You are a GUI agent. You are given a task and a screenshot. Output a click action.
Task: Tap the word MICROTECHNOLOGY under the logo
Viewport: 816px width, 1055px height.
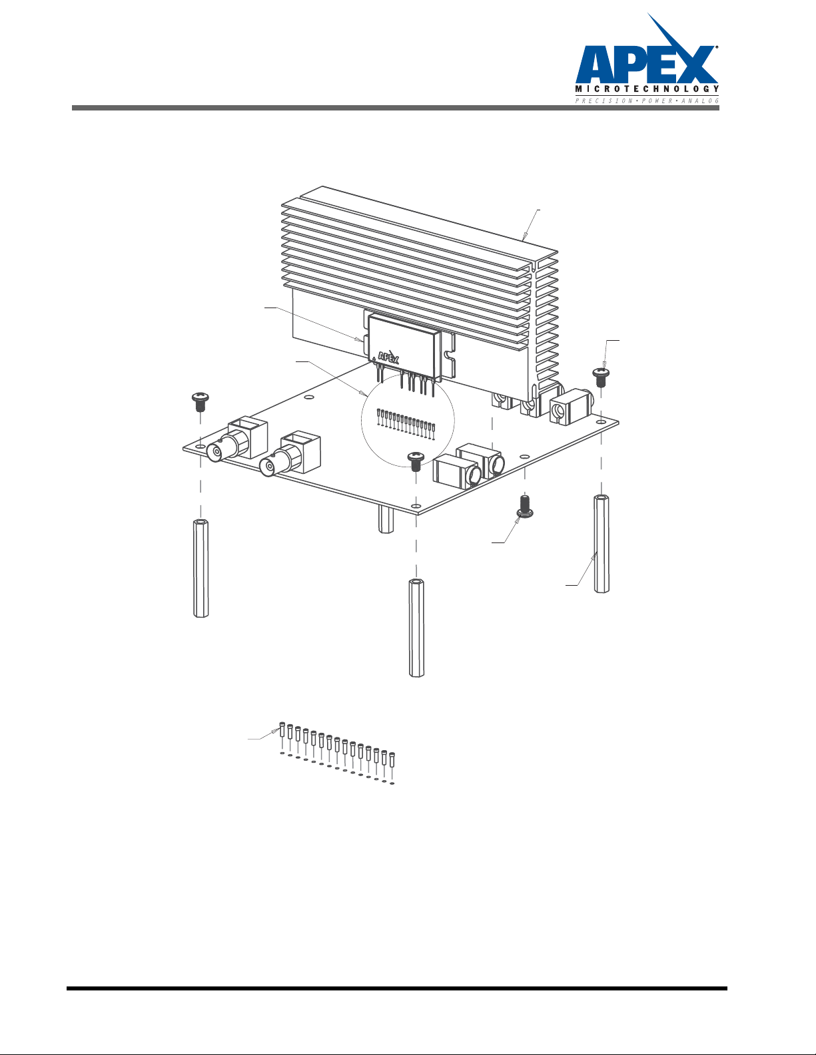647,89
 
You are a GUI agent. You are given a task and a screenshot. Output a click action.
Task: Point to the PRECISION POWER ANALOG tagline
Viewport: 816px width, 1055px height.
647,101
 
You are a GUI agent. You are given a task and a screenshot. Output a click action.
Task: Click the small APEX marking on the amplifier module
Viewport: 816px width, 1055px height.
388,357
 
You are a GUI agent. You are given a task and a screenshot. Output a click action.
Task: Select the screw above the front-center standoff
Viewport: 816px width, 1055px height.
415,461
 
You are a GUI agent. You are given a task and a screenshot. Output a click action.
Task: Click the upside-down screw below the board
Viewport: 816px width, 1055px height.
525,505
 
